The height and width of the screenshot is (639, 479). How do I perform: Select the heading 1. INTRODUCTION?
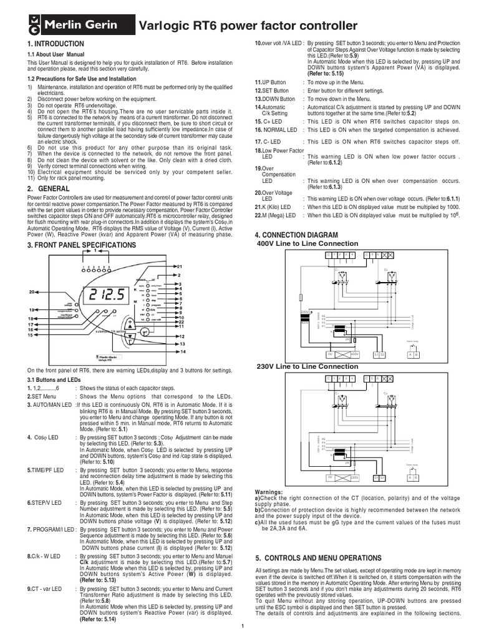tap(56, 44)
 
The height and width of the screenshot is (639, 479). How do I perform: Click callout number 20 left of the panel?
tap(32, 291)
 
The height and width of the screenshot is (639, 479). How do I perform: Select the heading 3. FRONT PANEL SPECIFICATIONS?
tap(82, 246)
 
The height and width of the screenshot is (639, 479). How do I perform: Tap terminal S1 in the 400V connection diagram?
tap(375, 354)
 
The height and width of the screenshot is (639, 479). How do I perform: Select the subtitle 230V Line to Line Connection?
tap(307, 366)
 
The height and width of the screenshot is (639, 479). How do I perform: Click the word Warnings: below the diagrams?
tap(269, 492)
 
